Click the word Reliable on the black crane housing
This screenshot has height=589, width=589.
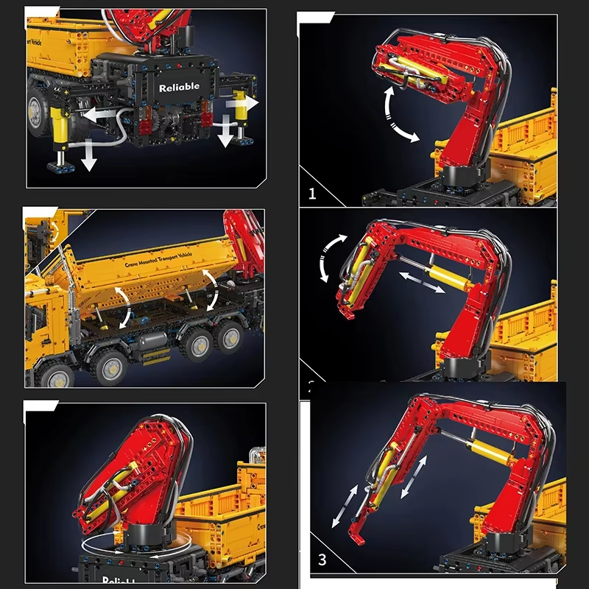(179, 87)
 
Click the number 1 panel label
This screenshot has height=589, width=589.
(312, 194)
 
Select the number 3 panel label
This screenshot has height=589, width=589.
(322, 560)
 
